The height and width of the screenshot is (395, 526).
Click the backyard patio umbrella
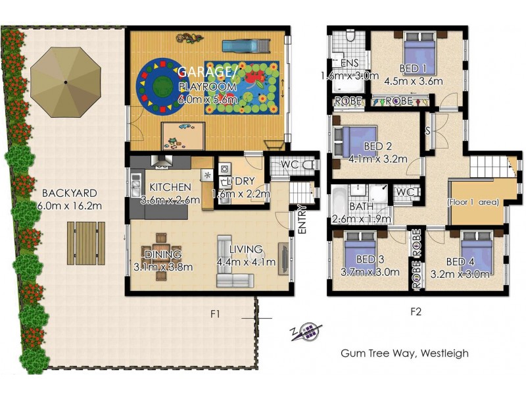point(66,81)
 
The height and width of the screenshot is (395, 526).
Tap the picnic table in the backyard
point(85,242)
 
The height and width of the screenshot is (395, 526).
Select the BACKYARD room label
point(69,194)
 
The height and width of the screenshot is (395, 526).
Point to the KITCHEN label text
point(170,188)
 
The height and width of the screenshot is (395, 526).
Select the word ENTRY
point(302,220)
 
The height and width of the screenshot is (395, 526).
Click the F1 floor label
point(214,314)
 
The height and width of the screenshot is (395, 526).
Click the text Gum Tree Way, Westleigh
point(404,353)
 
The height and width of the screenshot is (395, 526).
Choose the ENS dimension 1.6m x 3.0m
point(349,76)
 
